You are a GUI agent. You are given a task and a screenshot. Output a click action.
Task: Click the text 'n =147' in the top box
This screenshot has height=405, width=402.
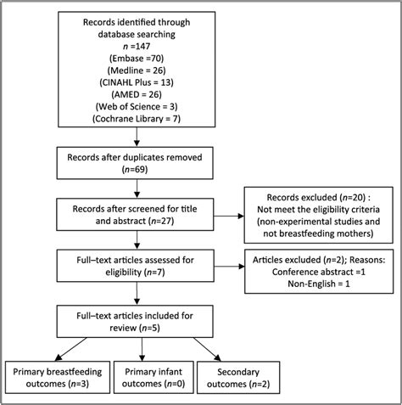click(x=137, y=46)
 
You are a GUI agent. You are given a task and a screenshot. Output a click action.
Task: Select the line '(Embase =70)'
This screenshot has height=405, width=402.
click(x=137, y=59)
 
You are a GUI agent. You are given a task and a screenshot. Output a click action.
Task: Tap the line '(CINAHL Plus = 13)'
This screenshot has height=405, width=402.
click(x=137, y=82)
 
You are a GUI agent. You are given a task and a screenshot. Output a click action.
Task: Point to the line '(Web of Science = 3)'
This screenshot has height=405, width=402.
click(x=137, y=107)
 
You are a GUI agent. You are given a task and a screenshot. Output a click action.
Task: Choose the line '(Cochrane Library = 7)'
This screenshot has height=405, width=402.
click(x=137, y=119)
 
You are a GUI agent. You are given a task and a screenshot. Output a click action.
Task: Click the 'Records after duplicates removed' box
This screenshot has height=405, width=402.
click(x=135, y=163)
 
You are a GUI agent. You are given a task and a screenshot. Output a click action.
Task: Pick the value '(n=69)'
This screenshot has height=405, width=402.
click(x=135, y=169)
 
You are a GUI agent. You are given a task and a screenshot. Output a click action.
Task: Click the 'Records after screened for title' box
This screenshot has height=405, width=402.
click(x=135, y=215)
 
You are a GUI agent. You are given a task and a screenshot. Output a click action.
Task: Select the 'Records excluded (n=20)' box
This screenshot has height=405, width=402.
click(x=319, y=215)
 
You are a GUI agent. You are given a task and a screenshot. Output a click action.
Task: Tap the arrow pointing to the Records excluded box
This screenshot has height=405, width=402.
click(x=229, y=217)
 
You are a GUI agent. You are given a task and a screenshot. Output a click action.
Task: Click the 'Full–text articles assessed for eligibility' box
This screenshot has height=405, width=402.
click(x=135, y=266)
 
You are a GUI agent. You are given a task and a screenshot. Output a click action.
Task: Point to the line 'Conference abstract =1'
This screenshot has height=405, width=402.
click(x=319, y=272)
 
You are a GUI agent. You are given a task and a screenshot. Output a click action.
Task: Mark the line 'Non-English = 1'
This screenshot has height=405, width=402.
click(x=319, y=284)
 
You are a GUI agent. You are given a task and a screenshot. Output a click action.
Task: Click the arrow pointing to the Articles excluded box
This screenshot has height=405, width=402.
click(x=229, y=267)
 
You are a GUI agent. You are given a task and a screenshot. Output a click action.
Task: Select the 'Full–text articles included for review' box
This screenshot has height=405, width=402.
click(x=135, y=321)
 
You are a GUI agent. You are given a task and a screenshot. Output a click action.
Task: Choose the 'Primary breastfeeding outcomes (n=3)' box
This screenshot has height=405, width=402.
click(x=58, y=377)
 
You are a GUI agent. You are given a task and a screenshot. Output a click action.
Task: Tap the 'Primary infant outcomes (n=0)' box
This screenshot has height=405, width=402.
click(x=154, y=377)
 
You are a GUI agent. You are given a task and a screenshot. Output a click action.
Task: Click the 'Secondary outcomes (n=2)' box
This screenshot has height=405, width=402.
click(x=238, y=378)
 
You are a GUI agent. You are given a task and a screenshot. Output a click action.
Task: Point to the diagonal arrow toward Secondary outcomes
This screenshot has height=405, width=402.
click(x=207, y=349)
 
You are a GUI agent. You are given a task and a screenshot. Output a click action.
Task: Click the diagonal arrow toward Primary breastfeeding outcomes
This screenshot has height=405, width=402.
click(x=70, y=349)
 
